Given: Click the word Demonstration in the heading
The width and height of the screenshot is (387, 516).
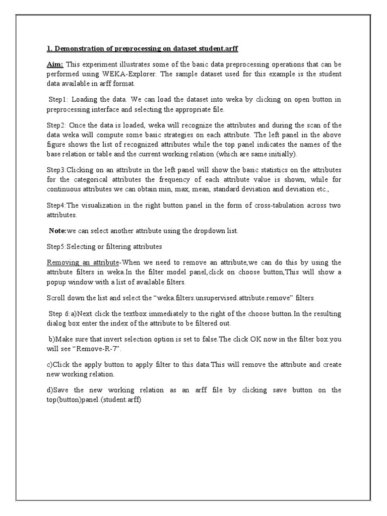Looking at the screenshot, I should (77, 48).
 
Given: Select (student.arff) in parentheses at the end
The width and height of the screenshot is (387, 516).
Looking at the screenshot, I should (117, 400).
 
